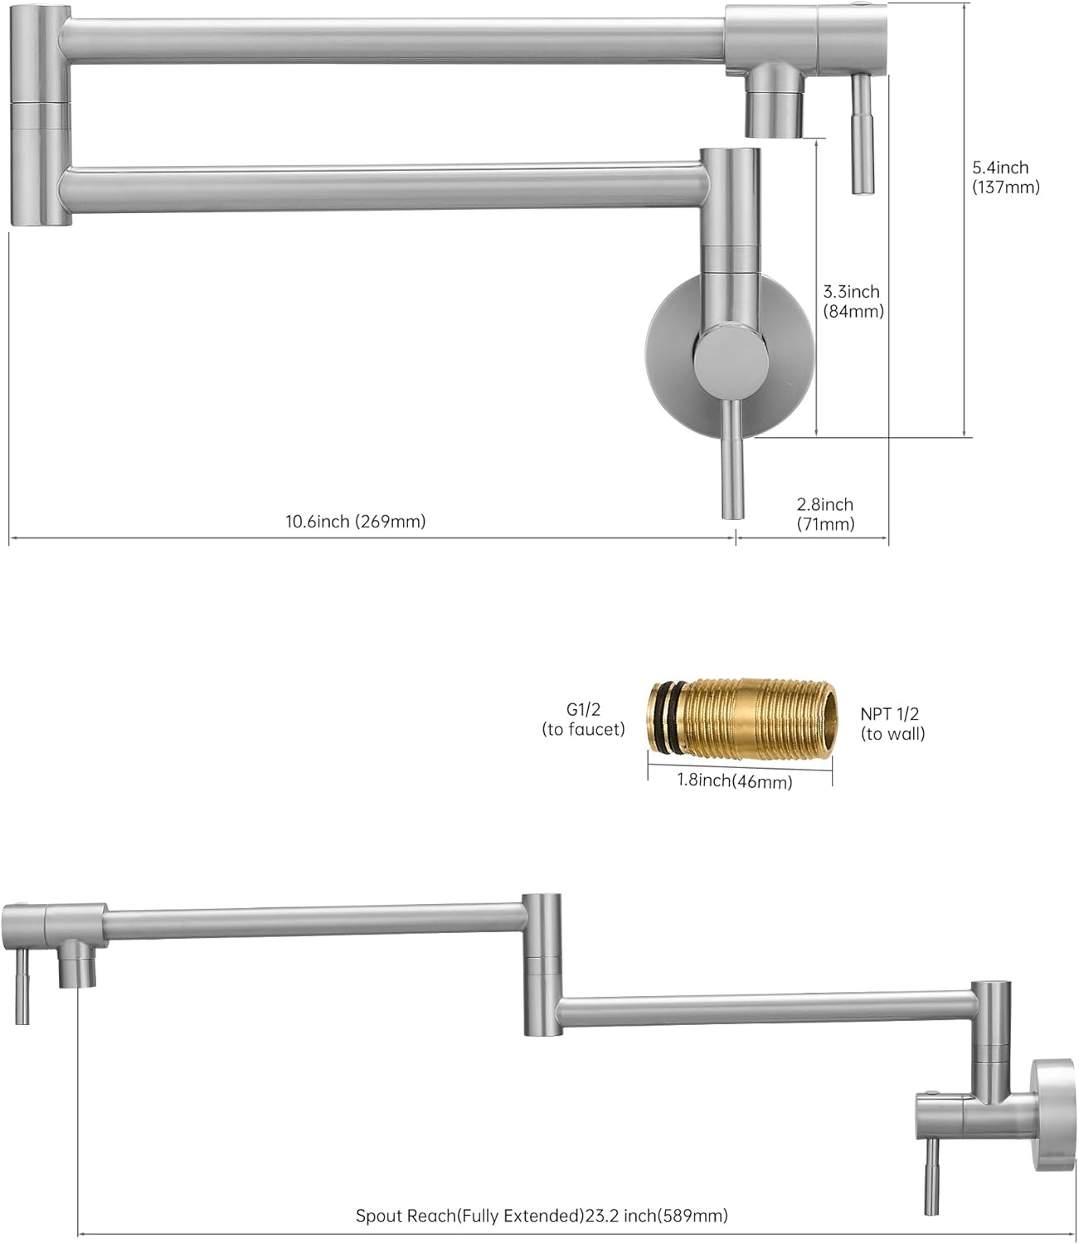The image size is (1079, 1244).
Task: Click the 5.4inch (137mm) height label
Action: click(x=1005, y=177)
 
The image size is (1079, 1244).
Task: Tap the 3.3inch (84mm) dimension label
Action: click(x=853, y=301)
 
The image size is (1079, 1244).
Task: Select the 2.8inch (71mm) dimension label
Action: click(x=825, y=513)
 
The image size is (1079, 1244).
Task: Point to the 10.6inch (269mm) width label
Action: click(x=356, y=521)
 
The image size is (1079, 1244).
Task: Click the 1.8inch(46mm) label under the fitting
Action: click(x=735, y=780)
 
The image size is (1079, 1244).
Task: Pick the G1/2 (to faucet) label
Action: click(x=583, y=719)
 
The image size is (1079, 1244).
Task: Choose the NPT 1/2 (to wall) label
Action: click(x=892, y=723)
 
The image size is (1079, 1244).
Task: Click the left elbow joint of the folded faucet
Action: click(x=40, y=116)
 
